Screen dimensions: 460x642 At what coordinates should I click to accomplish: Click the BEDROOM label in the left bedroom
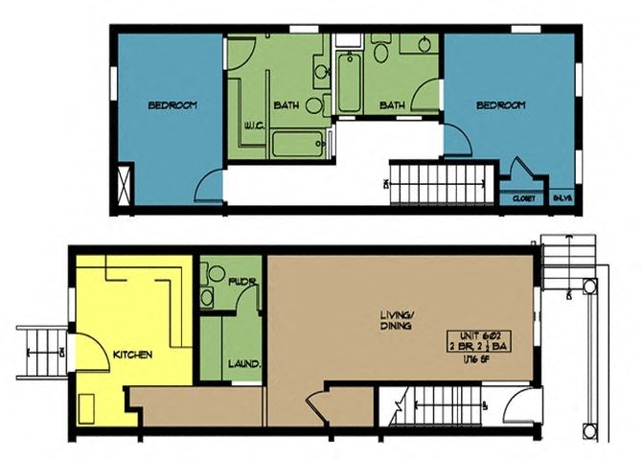pyautogui.click(x=172, y=105)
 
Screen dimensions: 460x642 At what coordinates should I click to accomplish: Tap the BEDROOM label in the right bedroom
pyautogui.click(x=501, y=105)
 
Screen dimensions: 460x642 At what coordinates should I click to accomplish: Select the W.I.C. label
pyautogui.click(x=253, y=124)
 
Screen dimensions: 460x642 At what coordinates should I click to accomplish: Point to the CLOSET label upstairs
pyautogui.click(x=522, y=198)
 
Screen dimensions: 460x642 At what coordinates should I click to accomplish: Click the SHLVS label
pyautogui.click(x=563, y=198)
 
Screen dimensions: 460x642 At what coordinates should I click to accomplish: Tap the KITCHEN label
pyautogui.click(x=133, y=355)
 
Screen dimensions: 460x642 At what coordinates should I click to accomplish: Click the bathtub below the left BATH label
pyautogui.click(x=299, y=144)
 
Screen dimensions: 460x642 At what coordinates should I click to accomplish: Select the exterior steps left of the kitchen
pyautogui.click(x=37, y=353)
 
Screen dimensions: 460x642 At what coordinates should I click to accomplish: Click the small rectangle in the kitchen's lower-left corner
pyautogui.click(x=89, y=411)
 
